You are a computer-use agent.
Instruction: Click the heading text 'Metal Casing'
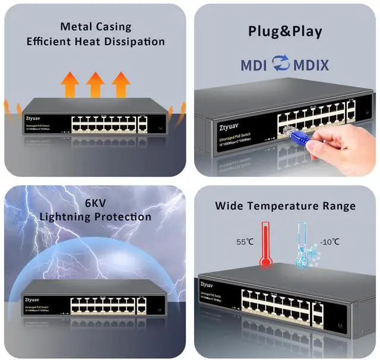96,27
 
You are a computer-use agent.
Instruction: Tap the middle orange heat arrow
96,84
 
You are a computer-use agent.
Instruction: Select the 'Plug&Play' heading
285,31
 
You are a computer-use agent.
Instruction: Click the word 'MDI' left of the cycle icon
254,65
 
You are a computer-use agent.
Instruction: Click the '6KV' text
96,202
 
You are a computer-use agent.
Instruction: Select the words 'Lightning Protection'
96,216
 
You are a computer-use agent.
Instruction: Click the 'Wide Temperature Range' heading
285,206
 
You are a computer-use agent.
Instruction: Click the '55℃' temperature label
245,242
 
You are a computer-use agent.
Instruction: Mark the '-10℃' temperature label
330,242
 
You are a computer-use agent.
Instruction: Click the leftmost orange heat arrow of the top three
71,84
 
